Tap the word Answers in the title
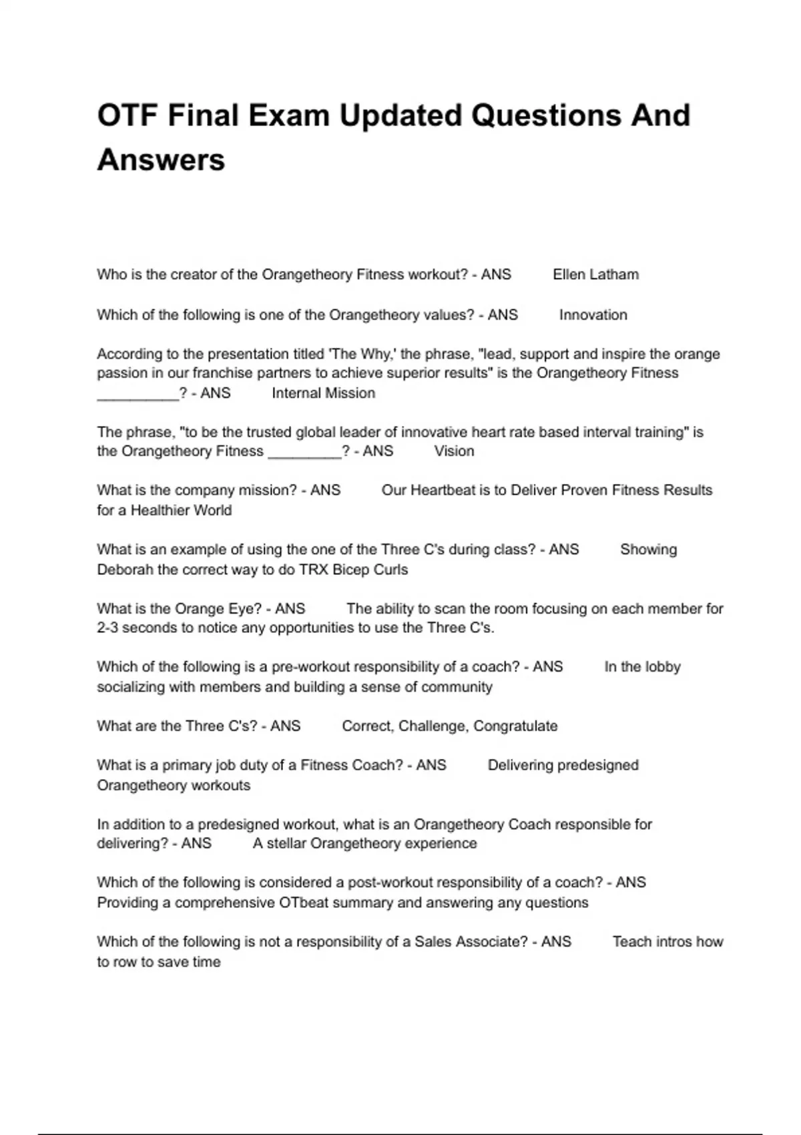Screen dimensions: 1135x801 coord(161,160)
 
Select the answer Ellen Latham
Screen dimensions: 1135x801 coord(595,274)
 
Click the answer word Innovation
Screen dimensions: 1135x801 coord(593,315)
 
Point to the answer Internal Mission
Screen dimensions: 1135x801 coord(323,393)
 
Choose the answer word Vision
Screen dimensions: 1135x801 coord(454,451)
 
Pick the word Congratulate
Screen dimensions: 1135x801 coord(515,726)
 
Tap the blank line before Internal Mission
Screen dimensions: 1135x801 coord(138,395)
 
